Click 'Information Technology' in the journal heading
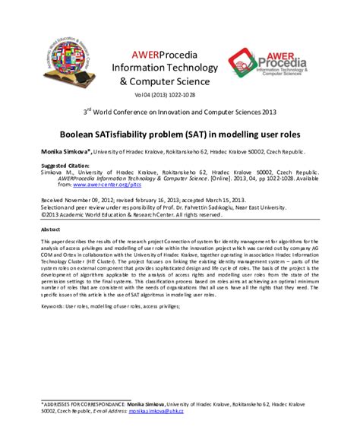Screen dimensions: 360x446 coord(178,67)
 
